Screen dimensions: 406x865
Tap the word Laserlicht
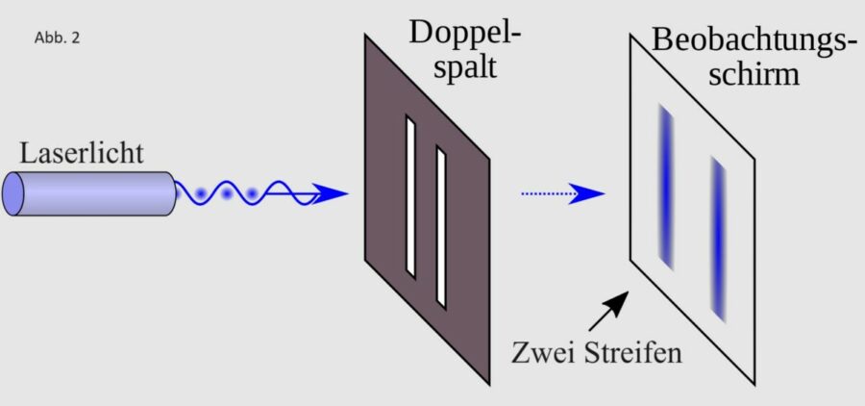click(82, 154)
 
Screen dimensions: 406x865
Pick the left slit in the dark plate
click(410, 195)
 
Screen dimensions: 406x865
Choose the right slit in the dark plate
click(441, 226)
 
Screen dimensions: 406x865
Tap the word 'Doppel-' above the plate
click(466, 33)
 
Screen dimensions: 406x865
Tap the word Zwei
click(544, 352)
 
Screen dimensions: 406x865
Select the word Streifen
click(634, 352)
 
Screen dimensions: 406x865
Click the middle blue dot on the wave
click(227, 194)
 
